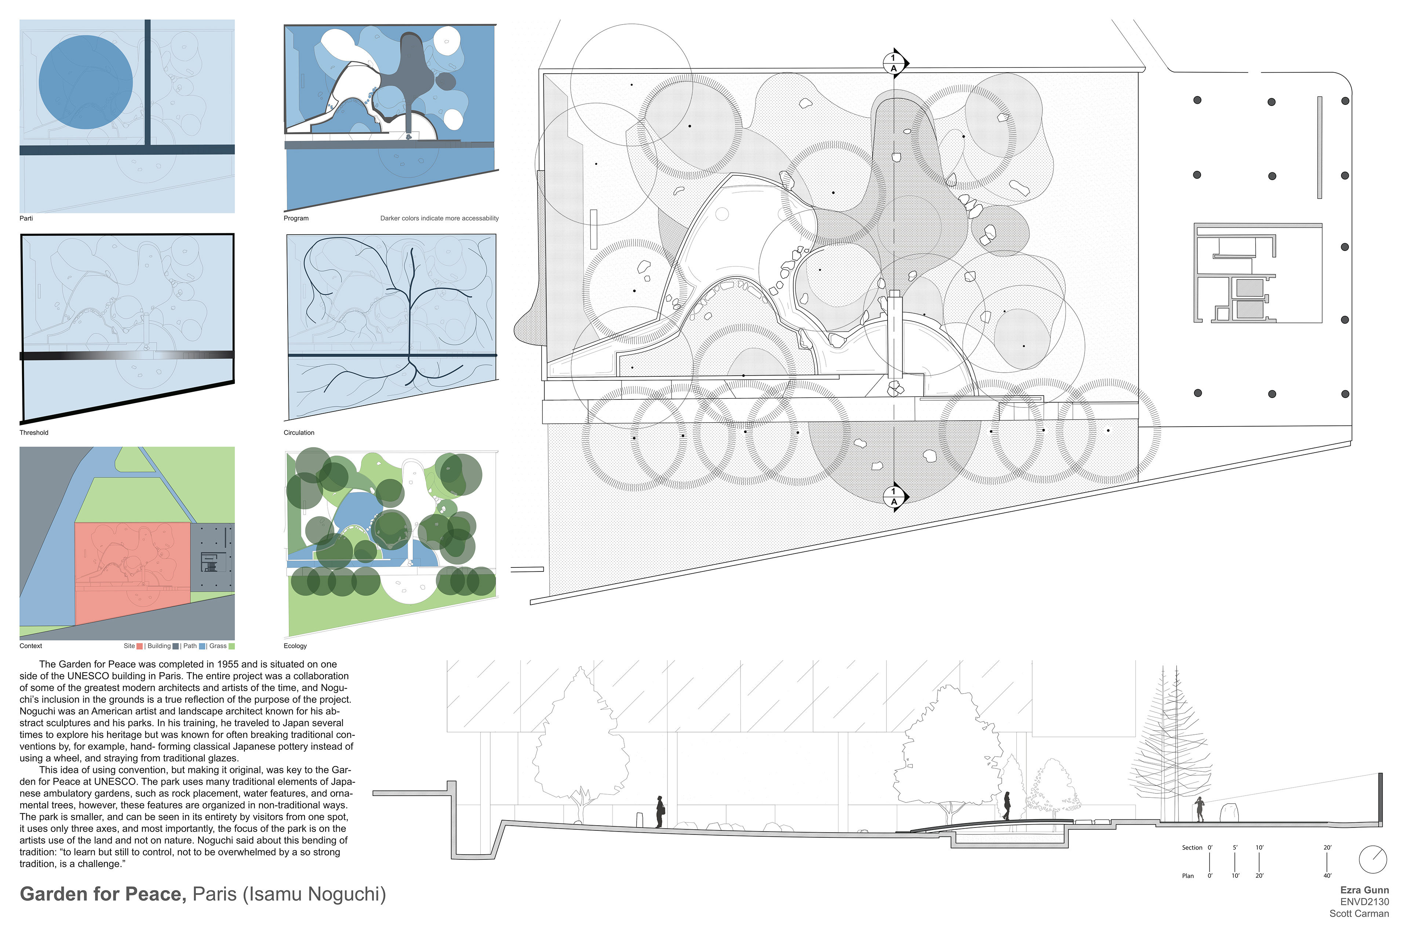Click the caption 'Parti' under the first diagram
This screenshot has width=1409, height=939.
(26, 219)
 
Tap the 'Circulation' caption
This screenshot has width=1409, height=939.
(299, 433)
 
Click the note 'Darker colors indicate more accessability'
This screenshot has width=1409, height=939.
(440, 219)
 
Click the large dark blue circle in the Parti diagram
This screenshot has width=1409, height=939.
(85, 82)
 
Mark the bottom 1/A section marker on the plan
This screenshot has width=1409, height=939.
(895, 496)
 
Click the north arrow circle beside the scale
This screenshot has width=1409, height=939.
(1373, 860)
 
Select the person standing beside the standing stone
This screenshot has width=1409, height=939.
(1199, 809)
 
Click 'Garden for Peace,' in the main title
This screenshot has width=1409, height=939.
(103, 895)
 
